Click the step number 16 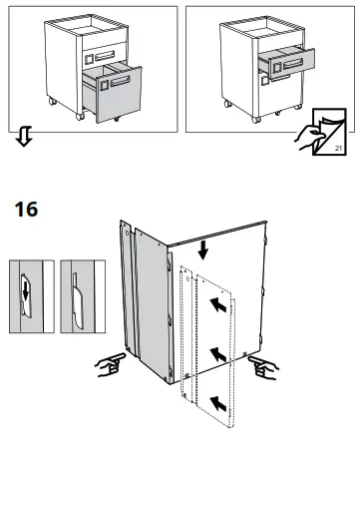tap(26, 210)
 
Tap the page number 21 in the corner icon tap(338, 148)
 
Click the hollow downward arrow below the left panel tap(24, 136)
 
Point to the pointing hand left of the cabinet tap(110, 364)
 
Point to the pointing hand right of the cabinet tap(263, 367)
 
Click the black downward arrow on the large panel tap(202, 250)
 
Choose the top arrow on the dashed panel tap(218, 304)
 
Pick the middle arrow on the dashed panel tap(218, 354)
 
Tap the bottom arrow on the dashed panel tap(218, 403)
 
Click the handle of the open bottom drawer tap(120, 81)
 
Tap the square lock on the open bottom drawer tap(104, 85)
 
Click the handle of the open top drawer tap(293, 63)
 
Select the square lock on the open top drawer tap(277, 68)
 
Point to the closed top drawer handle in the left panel tap(105, 56)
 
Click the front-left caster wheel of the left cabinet tap(80, 117)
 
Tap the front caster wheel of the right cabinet tap(255, 120)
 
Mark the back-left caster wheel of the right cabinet tap(228, 104)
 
